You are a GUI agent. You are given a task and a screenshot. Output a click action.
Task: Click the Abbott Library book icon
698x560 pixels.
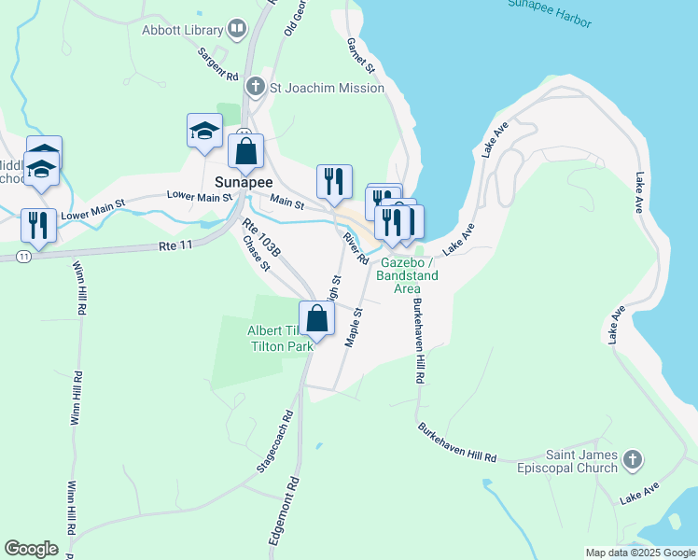tap(237, 30)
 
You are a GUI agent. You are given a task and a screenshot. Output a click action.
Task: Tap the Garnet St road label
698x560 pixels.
tap(360, 56)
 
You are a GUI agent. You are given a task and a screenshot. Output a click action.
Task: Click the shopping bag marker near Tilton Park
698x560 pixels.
tap(317, 318)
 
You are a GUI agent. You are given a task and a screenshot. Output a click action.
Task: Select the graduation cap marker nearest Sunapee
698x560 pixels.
tap(204, 132)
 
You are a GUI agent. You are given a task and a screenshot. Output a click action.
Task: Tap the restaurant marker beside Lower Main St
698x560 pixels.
tap(38, 225)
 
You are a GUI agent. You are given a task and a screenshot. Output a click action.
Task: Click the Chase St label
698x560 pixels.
tap(256, 254)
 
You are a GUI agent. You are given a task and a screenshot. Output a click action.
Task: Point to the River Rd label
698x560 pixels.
tap(353, 248)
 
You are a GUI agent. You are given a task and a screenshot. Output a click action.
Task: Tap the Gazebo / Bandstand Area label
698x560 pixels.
tap(407, 276)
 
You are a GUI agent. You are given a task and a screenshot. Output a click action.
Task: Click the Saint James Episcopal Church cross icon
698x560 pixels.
tap(633, 460)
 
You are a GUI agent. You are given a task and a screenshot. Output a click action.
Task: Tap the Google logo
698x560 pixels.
tap(31, 549)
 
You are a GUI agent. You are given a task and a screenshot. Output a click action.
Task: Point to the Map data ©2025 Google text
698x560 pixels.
tap(640, 553)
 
